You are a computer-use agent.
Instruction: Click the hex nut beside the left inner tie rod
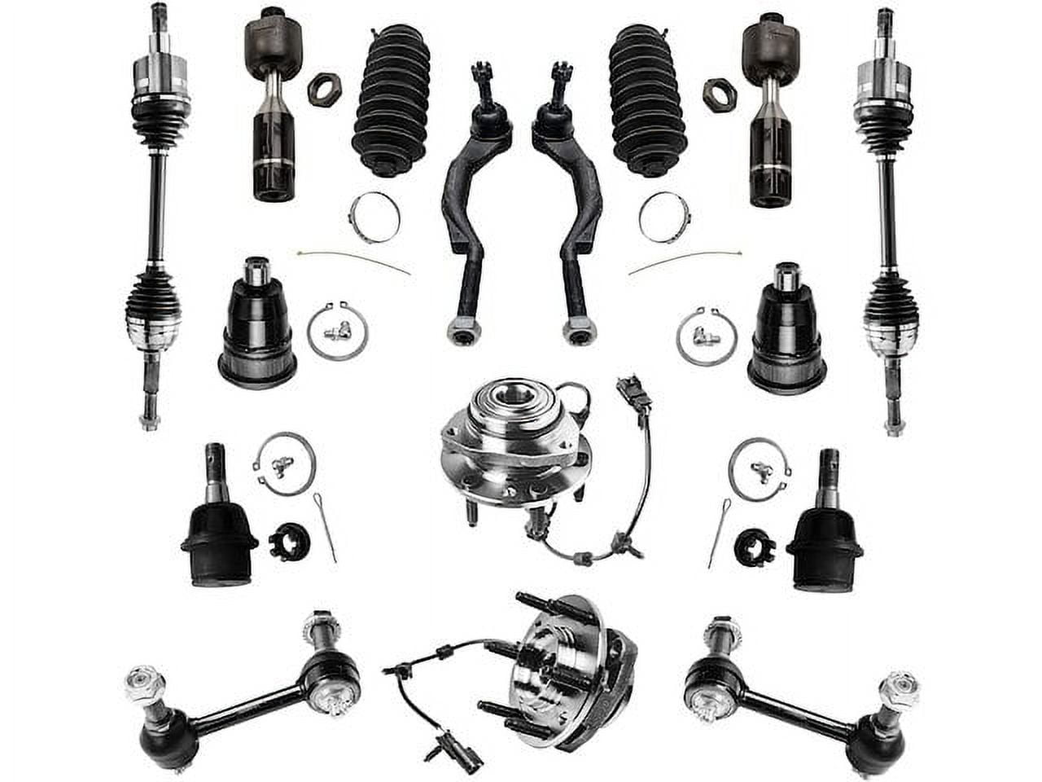coord(323,89)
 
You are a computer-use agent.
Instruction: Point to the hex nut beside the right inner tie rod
coord(719,94)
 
